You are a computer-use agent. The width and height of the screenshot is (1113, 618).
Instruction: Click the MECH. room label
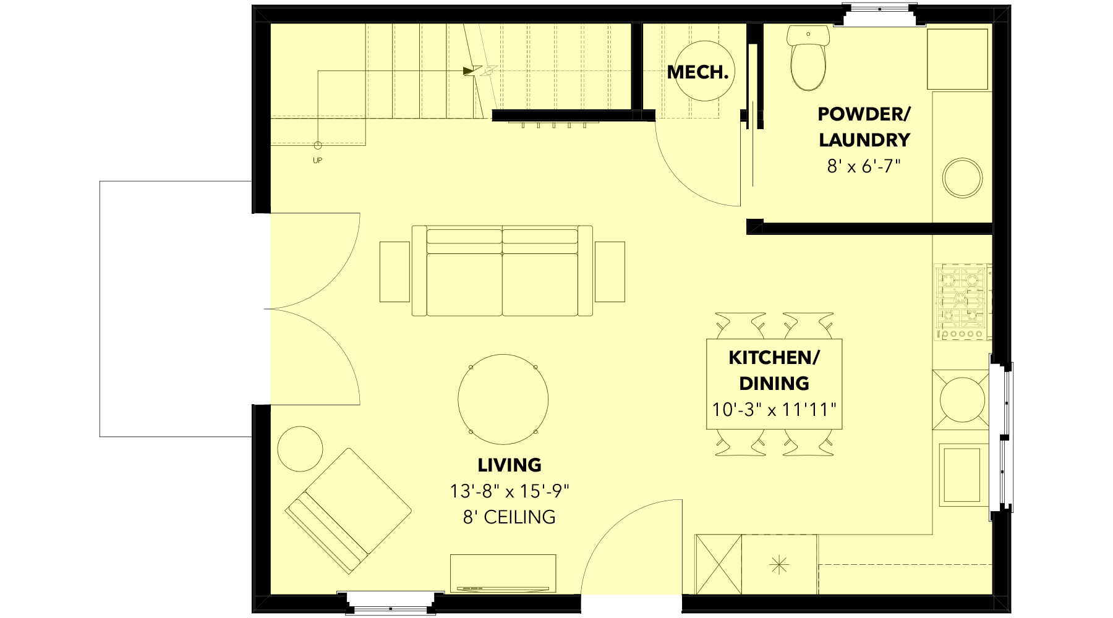(x=697, y=72)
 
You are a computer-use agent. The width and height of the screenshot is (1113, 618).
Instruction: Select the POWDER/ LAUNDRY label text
(x=864, y=127)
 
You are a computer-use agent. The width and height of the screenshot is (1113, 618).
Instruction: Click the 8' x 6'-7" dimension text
(x=864, y=166)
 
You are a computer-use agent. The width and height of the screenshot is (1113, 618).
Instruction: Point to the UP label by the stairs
(x=317, y=161)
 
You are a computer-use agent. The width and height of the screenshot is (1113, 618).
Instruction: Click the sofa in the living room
(x=502, y=271)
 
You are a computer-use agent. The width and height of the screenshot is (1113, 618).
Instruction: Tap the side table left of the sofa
(x=394, y=271)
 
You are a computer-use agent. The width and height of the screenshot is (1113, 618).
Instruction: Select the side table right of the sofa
(x=610, y=271)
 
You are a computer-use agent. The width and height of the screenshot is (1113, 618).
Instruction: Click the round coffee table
(x=503, y=399)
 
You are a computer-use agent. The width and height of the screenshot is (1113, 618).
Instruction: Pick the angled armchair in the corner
(x=348, y=510)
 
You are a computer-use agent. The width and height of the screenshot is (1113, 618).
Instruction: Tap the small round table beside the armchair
(x=300, y=449)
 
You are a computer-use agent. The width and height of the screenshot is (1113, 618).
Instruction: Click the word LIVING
(x=510, y=465)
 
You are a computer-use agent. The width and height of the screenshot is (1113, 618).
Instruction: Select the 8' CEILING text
(x=510, y=517)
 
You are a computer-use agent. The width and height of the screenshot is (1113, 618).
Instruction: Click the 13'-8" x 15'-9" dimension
(x=510, y=491)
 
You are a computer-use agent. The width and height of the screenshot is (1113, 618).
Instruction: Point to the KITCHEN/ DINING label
(x=774, y=370)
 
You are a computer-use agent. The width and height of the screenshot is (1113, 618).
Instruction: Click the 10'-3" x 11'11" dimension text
(x=774, y=410)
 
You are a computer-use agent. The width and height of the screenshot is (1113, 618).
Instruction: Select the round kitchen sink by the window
(x=962, y=399)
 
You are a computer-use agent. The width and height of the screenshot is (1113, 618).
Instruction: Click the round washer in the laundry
(x=962, y=177)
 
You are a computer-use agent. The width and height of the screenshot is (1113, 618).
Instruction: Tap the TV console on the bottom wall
(x=503, y=574)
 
